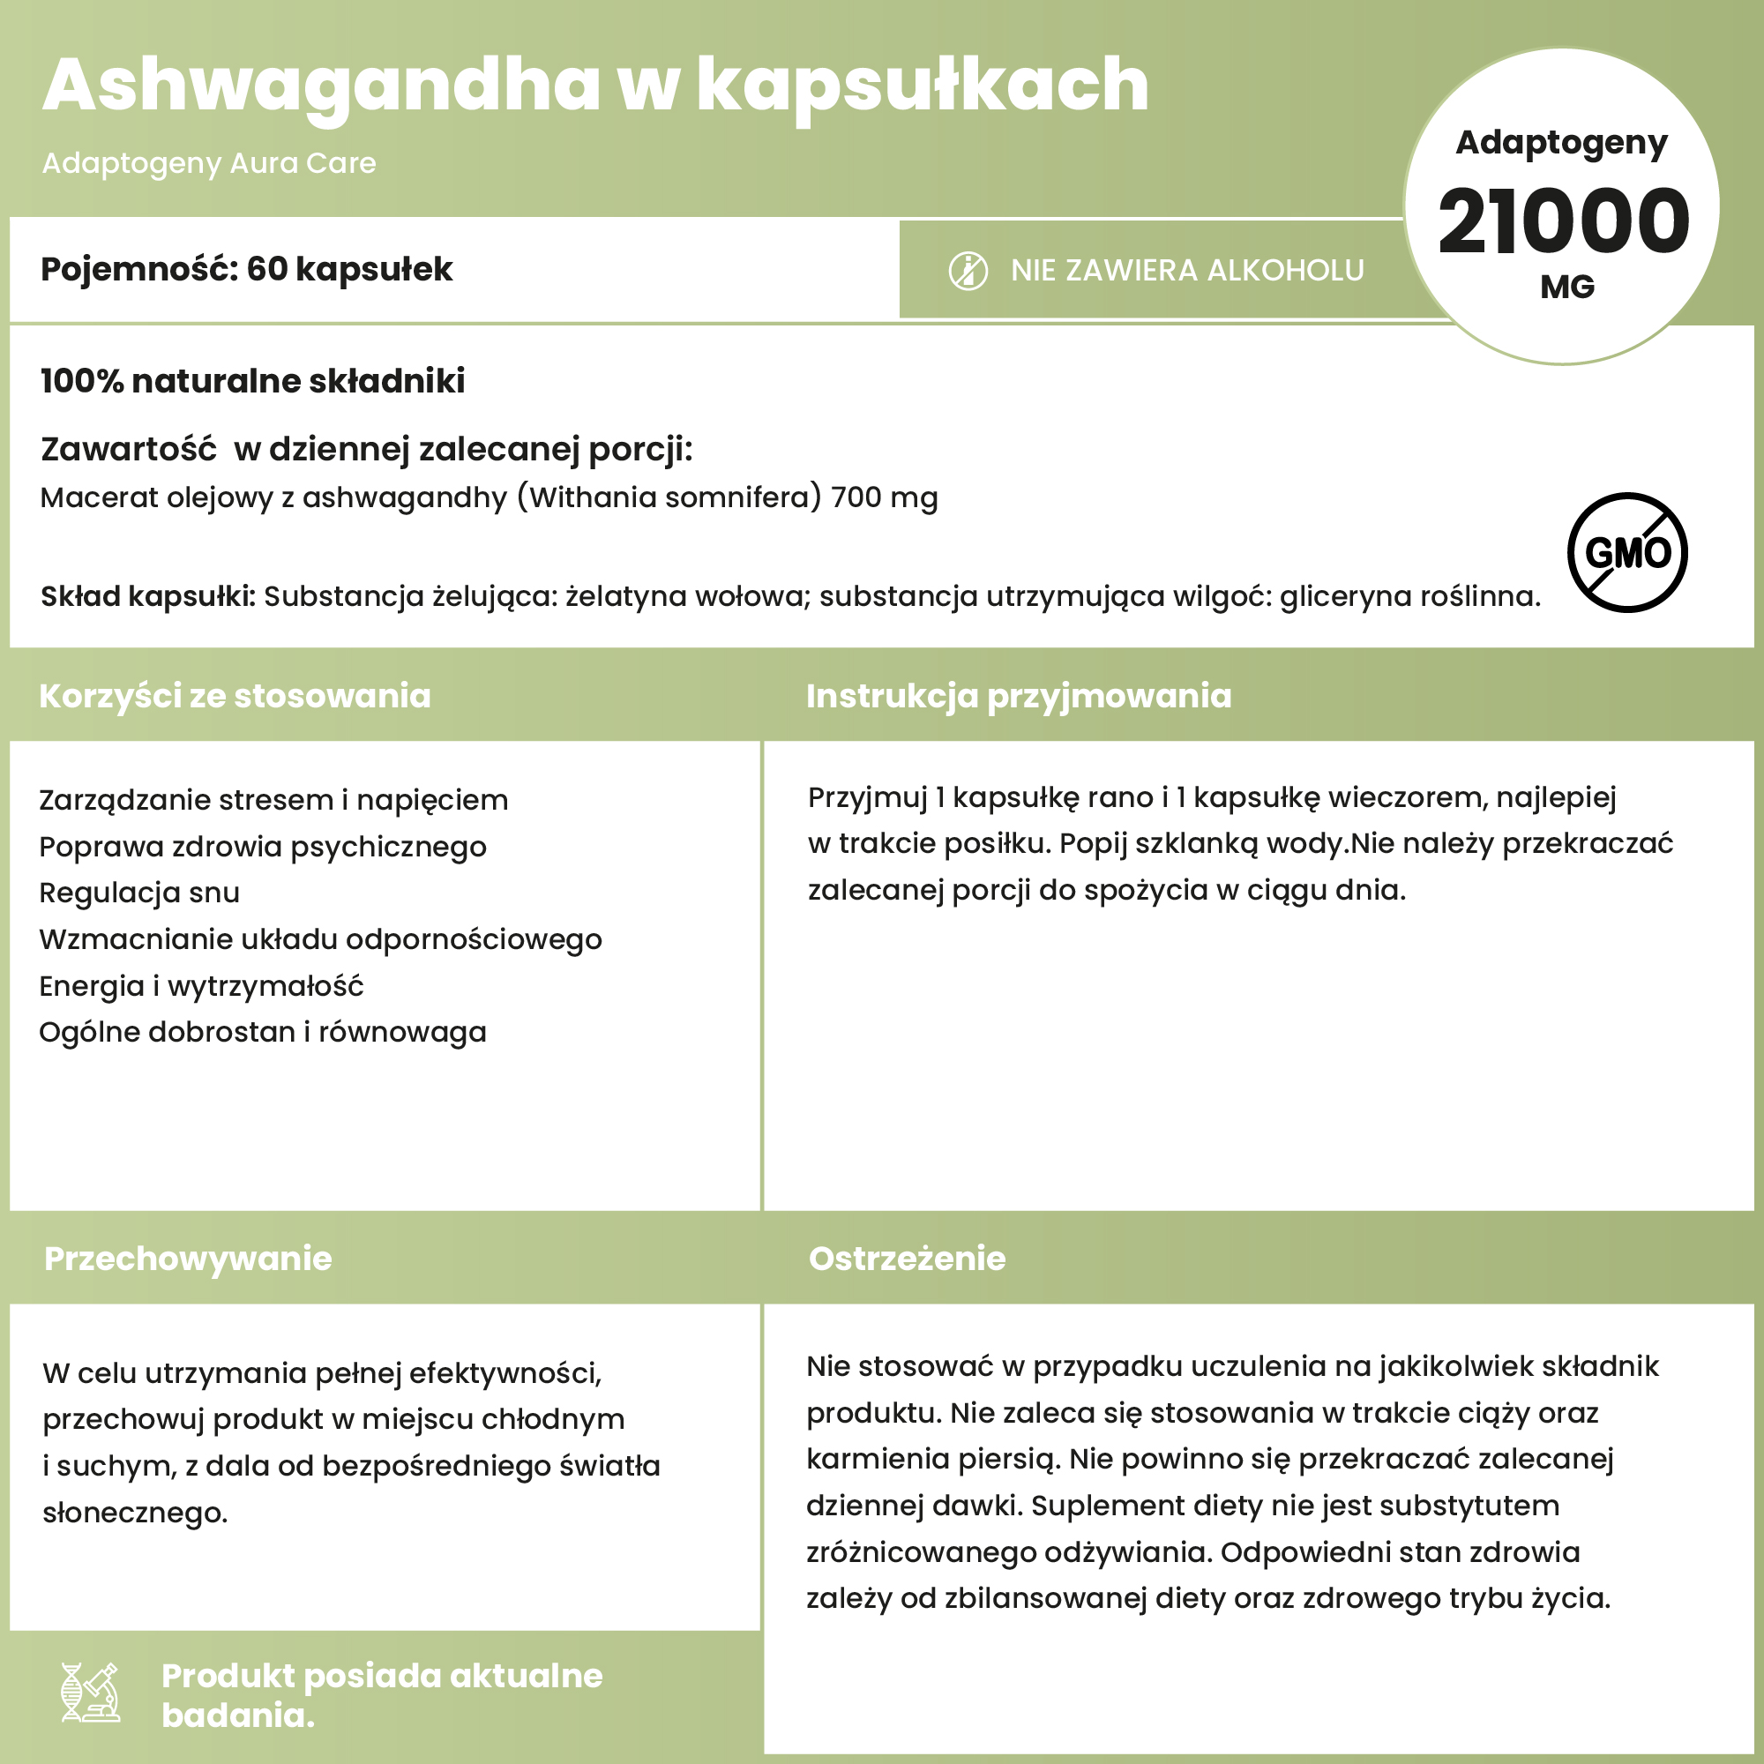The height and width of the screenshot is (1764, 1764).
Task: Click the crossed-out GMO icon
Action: point(1627,552)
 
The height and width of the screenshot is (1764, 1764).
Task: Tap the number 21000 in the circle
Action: point(1563,222)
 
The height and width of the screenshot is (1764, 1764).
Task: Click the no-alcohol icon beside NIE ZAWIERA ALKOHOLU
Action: point(968,271)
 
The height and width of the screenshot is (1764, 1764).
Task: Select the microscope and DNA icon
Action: point(90,1692)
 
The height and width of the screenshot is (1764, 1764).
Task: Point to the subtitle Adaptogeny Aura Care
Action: point(209,163)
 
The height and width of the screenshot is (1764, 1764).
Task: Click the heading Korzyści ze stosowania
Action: point(235,696)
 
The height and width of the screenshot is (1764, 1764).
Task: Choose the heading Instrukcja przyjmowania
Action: point(1018,696)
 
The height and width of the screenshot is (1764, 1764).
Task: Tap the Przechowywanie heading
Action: point(188,1259)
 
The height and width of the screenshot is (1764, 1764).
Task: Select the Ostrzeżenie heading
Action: point(907,1259)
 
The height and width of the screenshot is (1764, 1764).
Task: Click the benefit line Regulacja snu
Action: point(139,892)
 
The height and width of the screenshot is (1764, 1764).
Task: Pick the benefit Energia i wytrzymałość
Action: point(201,986)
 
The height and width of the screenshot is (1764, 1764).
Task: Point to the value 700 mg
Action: point(884,497)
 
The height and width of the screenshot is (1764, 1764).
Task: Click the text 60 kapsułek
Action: point(349,269)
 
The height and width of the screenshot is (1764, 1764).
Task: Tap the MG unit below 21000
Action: point(1566,288)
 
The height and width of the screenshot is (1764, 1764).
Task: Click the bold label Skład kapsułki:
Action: point(148,596)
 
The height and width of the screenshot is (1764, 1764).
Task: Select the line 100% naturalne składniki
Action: point(253,381)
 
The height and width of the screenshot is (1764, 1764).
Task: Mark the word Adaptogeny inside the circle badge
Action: point(1561,142)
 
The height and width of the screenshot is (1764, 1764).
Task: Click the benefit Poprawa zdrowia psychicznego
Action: point(263,847)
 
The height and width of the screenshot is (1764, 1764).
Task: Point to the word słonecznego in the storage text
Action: point(135,1513)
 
